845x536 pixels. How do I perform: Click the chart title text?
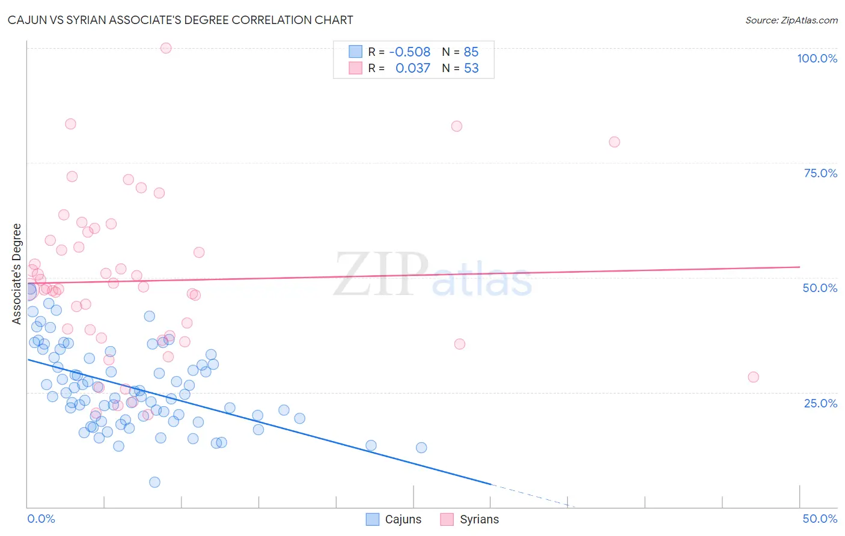point(180,20)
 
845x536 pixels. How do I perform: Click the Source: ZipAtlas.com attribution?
point(791,20)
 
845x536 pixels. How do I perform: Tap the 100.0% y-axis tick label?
point(817,58)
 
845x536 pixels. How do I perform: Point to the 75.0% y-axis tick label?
point(820,173)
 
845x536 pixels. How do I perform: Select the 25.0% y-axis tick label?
point(820,403)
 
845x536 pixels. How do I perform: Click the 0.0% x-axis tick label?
point(41,519)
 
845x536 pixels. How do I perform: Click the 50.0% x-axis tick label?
point(820,519)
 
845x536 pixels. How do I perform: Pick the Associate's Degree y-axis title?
point(17,274)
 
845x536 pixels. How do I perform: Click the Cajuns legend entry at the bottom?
point(394,519)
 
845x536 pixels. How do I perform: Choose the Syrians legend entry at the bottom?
point(470,519)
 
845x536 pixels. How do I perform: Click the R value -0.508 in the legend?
point(410,52)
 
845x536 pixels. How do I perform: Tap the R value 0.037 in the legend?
point(413,69)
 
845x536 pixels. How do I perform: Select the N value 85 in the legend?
point(471,52)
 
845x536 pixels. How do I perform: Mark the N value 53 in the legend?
point(471,69)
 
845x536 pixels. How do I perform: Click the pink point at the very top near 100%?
point(166,48)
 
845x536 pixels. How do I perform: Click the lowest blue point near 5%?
point(154,482)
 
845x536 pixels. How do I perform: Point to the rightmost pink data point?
point(753,377)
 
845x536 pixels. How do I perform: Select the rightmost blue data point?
point(421,448)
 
